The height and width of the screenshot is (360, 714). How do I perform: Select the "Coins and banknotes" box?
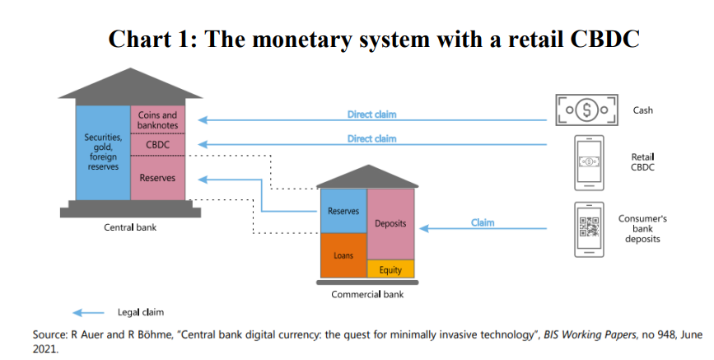click(x=157, y=120)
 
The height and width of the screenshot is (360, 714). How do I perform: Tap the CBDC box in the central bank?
click(x=157, y=145)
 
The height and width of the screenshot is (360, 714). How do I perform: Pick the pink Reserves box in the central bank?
click(x=157, y=178)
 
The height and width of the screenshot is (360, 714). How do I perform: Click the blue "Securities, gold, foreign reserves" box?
click(x=103, y=152)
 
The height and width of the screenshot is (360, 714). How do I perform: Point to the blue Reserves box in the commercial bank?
click(x=343, y=212)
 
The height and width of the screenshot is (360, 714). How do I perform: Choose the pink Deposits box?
click(x=390, y=223)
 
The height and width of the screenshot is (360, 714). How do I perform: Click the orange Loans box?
click(x=343, y=255)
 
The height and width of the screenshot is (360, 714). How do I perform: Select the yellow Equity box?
click(x=390, y=269)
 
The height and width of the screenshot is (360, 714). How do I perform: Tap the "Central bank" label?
click(x=129, y=227)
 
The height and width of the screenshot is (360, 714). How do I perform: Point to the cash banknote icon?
click(x=585, y=110)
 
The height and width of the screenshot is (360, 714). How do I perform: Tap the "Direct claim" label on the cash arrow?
click(x=371, y=115)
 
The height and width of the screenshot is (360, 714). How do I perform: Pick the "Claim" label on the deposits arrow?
click(x=483, y=222)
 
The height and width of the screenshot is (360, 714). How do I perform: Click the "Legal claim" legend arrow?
click(x=88, y=312)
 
